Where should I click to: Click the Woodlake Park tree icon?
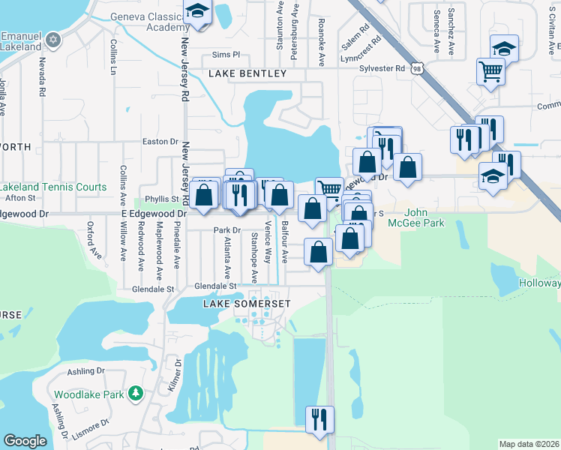(x=135, y=393)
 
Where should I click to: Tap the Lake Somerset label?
(x=246, y=302)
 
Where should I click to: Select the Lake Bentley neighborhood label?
(x=247, y=73)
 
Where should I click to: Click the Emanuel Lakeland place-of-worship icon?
(x=52, y=39)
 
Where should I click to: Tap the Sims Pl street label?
(x=225, y=55)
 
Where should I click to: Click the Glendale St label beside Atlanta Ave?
(x=215, y=286)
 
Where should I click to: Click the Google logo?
(x=25, y=440)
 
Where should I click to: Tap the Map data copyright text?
(x=529, y=444)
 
